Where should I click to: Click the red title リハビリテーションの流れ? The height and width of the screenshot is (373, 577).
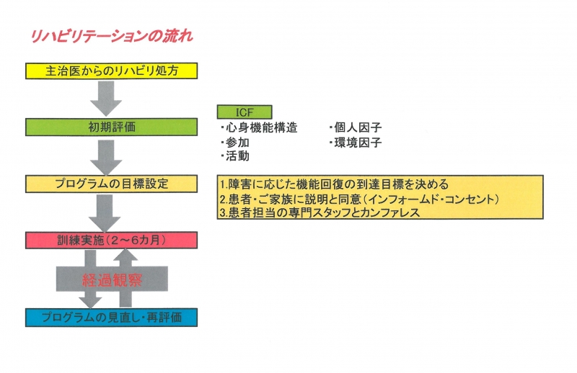point(112,37)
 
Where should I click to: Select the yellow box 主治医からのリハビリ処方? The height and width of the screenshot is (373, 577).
point(112,71)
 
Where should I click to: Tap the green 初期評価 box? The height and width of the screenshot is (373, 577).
point(112,127)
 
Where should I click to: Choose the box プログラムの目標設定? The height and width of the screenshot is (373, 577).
point(112,184)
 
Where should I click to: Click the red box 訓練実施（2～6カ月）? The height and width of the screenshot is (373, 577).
point(112,241)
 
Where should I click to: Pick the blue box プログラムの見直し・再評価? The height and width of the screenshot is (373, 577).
point(112,318)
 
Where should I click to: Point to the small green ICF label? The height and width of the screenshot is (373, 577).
point(245,112)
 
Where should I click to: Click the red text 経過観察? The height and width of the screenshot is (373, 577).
point(113,280)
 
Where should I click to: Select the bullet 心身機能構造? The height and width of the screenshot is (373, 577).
point(259,128)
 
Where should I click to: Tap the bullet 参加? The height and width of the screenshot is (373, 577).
point(235,143)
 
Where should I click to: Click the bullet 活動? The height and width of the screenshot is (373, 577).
point(235,156)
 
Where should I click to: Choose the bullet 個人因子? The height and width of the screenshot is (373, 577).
point(356,128)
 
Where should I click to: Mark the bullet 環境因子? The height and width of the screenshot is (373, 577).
point(356,143)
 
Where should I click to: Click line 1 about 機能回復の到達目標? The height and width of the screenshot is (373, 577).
point(335,184)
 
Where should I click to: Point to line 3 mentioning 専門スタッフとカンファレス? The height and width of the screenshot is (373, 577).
point(320,212)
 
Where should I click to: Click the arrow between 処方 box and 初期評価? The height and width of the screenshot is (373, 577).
point(106,99)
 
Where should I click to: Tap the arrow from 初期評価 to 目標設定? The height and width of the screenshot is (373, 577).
point(106,157)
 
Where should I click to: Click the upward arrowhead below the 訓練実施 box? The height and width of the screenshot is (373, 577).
point(125,255)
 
